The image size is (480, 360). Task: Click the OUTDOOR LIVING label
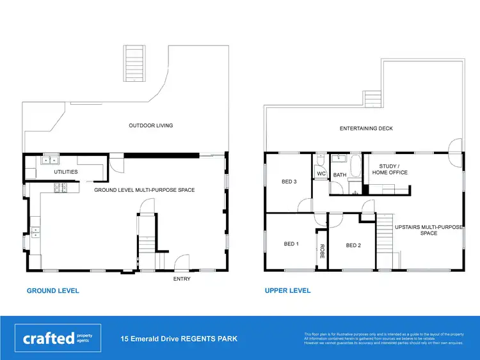point(151,125)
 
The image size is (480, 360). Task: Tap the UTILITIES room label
point(65,172)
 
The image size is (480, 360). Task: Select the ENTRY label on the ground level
point(182,279)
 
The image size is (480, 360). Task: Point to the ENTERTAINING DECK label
point(366,129)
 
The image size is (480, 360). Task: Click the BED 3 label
point(289,182)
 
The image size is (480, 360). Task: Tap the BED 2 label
point(354,246)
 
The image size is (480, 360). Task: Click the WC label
point(321,174)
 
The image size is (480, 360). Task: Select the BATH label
point(339,174)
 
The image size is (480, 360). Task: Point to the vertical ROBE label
point(323,251)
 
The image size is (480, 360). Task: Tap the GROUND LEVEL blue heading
point(53,291)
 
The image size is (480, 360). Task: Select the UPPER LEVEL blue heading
point(288,291)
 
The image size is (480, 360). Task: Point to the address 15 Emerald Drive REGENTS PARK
point(179,338)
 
